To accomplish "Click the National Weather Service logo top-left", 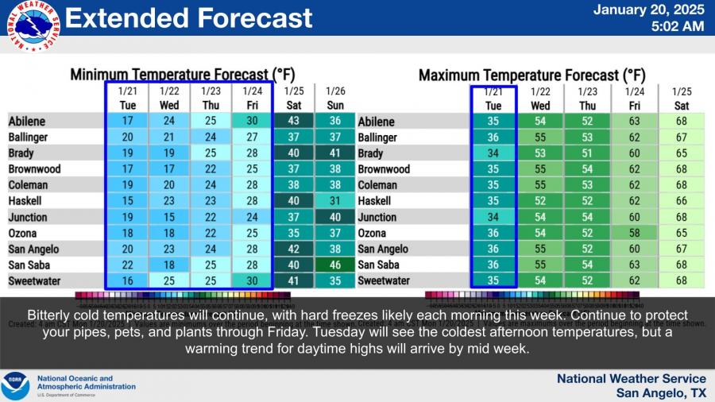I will tap(33, 30).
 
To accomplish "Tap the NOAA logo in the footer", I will tap(15, 385).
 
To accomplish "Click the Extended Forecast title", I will tap(188, 17).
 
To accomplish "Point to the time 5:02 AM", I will tap(677, 27).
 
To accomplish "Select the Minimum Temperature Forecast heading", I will tap(183, 75).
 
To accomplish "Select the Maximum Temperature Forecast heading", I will tap(531, 75).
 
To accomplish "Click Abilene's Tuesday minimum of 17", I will tap(127, 122).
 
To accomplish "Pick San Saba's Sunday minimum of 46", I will tap(336, 265).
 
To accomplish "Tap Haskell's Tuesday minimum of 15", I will tap(127, 201).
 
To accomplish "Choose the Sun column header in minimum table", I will tap(336, 105).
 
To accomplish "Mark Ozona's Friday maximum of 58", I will tap(635, 233).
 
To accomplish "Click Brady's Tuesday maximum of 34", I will tap(493, 153).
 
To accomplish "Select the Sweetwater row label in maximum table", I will tap(384, 280).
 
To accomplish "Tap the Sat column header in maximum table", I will tap(682, 106).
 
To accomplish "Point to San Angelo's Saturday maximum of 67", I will tap(682, 249).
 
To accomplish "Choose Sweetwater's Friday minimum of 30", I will tap(252, 280).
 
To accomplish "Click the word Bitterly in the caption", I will tap(51, 315).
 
